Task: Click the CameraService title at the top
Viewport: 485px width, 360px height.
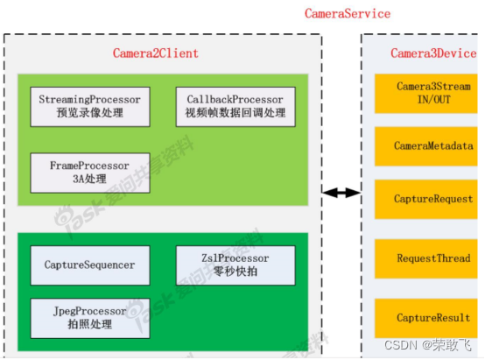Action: click(x=348, y=14)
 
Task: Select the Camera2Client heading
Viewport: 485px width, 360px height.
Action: click(x=156, y=53)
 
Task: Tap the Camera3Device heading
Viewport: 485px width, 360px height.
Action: click(x=432, y=53)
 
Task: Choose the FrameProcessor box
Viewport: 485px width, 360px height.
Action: click(x=90, y=172)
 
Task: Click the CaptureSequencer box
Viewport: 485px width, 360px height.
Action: click(x=90, y=265)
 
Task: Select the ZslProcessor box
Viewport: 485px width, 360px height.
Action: click(x=235, y=265)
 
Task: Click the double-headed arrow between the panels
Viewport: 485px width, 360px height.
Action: click(x=341, y=192)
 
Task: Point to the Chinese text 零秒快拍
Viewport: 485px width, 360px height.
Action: click(x=235, y=272)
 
